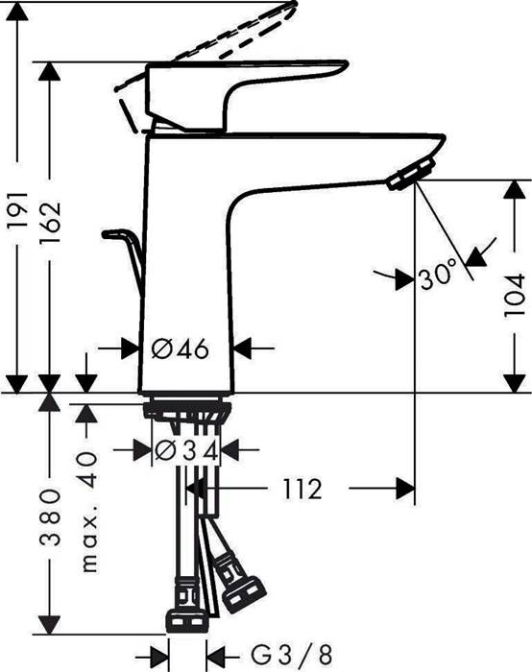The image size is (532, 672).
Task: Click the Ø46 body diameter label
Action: click(182, 348)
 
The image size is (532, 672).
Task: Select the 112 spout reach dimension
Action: click(301, 490)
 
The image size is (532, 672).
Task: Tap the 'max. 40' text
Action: click(88, 514)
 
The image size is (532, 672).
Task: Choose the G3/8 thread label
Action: click(290, 656)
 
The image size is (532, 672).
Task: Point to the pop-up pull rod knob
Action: click(117, 233)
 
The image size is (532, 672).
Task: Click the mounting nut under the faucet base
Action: click(186, 411)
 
